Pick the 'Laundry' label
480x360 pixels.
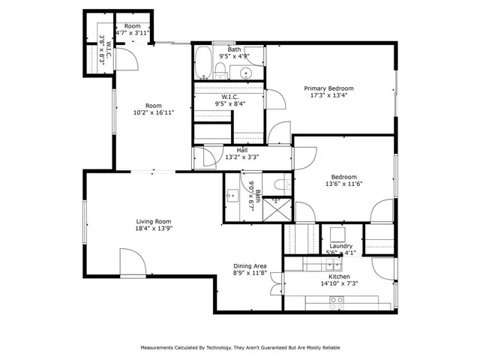pyautogui.click(x=341, y=246)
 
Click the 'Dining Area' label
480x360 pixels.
pyautogui.click(x=250, y=266)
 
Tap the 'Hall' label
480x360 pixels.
pyautogui.click(x=242, y=150)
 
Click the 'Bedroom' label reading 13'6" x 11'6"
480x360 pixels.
pyautogui.click(x=340, y=177)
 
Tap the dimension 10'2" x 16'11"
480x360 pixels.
pyautogui.click(x=154, y=113)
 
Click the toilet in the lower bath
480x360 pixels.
pyautogui.click(x=280, y=183)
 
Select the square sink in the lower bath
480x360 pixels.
pyautogui.click(x=232, y=196)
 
